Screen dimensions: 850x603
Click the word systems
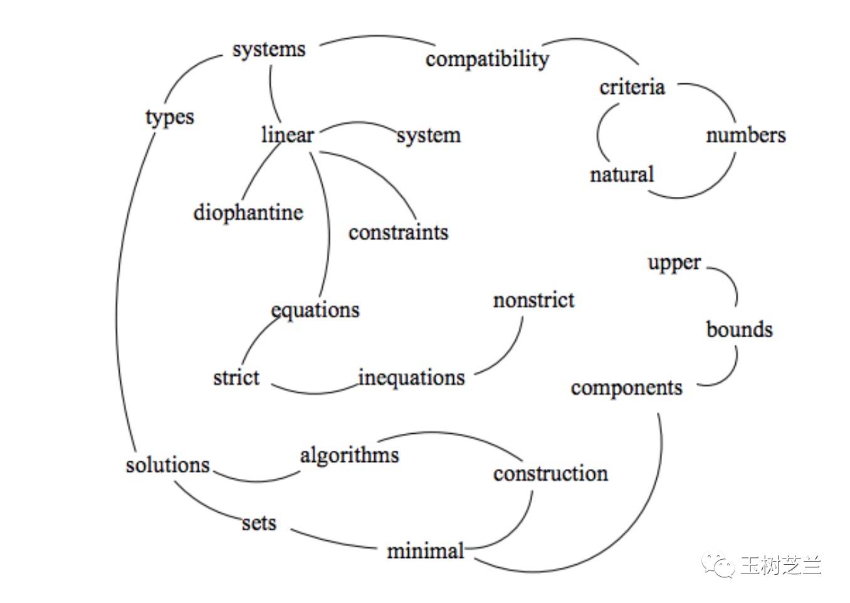269,50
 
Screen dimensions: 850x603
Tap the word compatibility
487,60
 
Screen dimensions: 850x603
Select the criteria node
632,87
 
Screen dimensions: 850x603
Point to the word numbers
746,135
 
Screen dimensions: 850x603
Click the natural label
622,174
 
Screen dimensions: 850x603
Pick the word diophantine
249,212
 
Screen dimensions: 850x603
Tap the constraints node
399,233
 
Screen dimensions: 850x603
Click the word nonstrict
533,300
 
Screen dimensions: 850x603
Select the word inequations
411,377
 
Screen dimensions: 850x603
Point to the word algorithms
350,455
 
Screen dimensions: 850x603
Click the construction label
550,474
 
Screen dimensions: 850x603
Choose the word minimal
426,550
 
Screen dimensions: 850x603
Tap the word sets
259,523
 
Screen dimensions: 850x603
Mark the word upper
674,263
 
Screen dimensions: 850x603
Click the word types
170,118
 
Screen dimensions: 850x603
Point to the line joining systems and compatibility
377,37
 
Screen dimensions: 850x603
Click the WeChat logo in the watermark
718,565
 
